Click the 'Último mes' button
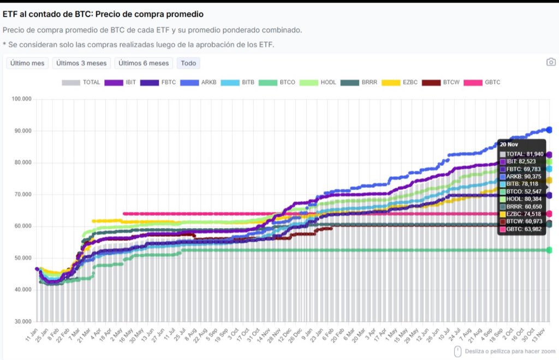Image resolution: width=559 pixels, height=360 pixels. click(27, 63)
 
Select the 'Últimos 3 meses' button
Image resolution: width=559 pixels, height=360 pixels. click(82, 63)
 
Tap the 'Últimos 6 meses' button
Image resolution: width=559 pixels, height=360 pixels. click(144, 63)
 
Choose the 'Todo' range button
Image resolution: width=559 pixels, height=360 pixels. click(188, 63)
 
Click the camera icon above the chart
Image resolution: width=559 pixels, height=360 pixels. click(551, 62)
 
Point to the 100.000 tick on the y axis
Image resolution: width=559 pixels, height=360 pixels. click(22, 99)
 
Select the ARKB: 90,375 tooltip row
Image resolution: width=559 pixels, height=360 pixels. click(522, 176)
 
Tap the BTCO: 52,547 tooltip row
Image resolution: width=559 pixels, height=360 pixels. click(522, 191)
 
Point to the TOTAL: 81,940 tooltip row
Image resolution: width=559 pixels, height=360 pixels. click(522, 154)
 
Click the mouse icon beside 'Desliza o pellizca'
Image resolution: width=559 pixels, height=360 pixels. click(457, 351)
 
